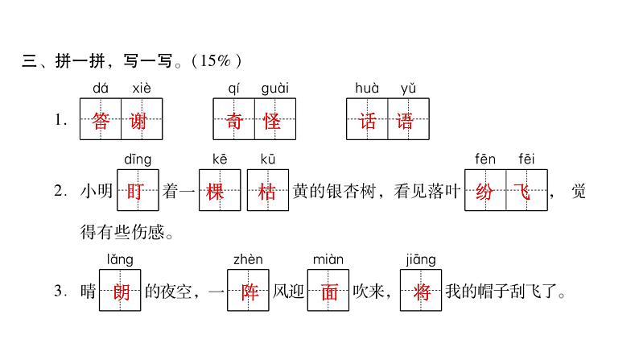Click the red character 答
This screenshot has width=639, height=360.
[101, 120]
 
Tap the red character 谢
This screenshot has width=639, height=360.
[141, 120]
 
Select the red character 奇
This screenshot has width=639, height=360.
[233, 120]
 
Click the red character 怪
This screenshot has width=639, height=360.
[274, 120]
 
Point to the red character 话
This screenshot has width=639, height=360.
[367, 120]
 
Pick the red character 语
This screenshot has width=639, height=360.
[407, 120]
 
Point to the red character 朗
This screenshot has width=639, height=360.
[120, 292]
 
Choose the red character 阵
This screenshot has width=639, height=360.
[248, 292]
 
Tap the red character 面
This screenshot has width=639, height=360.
[328, 292]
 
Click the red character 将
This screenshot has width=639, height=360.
[421, 292]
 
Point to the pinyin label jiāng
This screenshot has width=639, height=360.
[421, 260]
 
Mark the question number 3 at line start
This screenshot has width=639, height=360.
[58, 292]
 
